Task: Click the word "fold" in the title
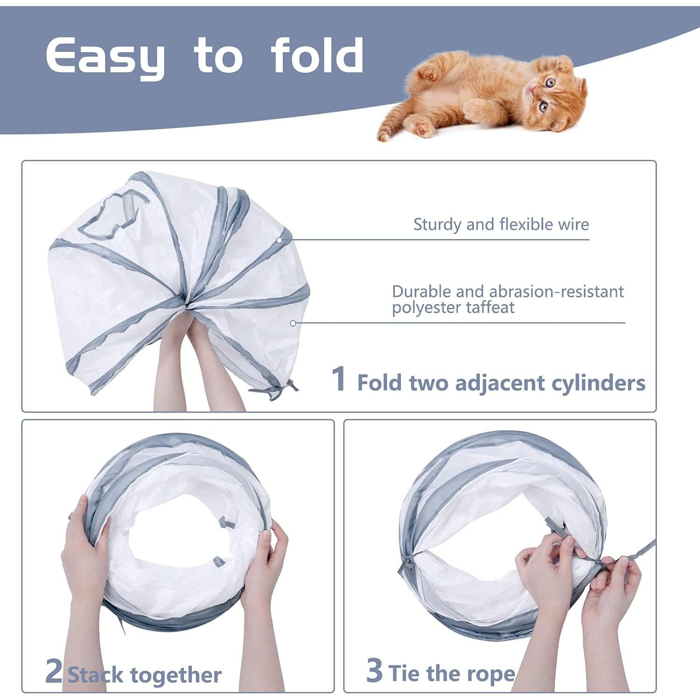317,56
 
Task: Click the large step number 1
339,379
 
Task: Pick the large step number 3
374,670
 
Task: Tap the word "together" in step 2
176,675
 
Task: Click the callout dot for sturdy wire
279,240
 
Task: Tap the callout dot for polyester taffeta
293,323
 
